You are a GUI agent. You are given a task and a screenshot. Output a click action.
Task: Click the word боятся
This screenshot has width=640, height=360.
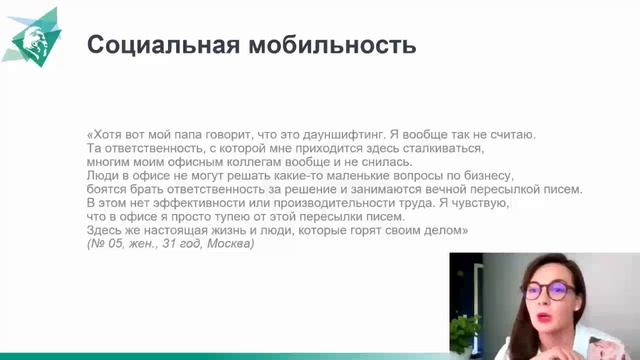pyautogui.click(x=108, y=190)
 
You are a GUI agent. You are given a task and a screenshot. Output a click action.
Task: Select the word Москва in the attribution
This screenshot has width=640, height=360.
pyautogui.click(x=228, y=245)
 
